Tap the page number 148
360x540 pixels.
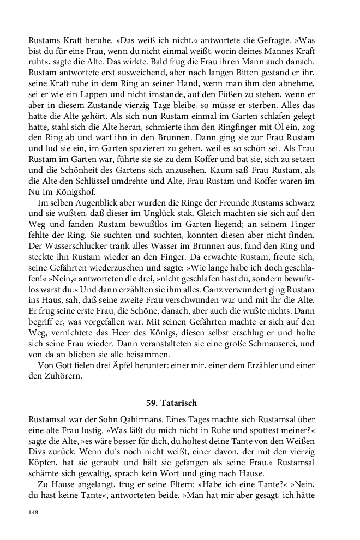(34, 513)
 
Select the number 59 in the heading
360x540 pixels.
(151, 403)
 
